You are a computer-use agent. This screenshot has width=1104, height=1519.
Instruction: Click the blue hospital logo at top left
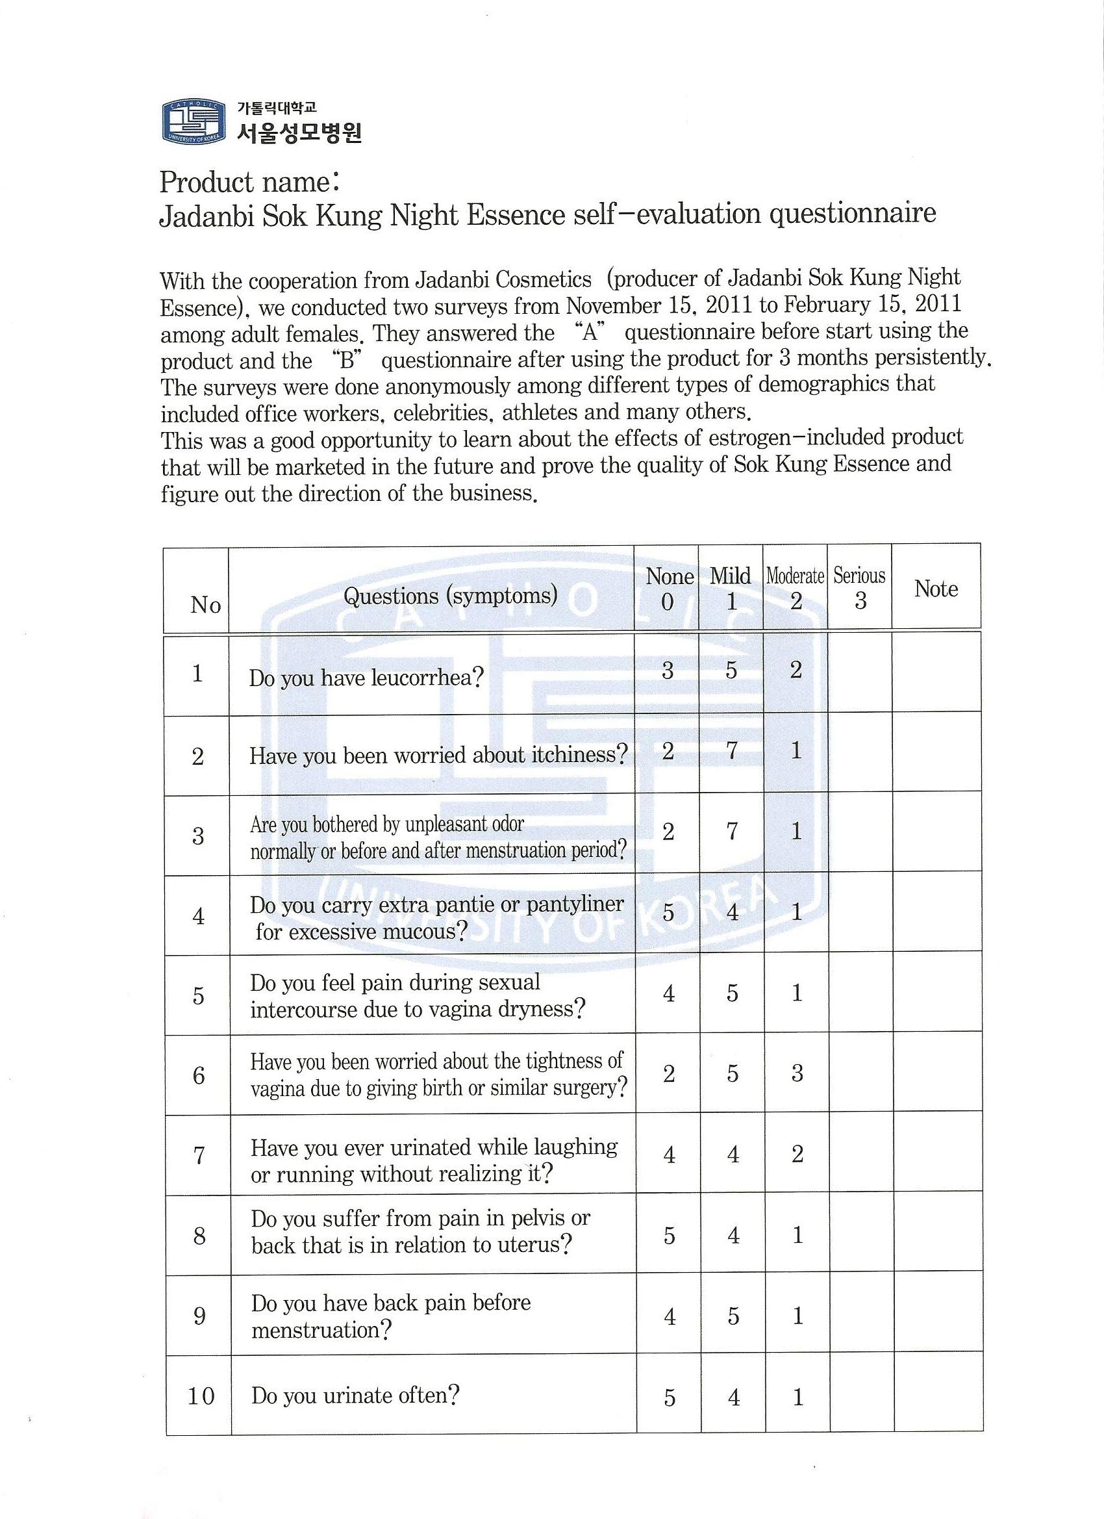click(191, 121)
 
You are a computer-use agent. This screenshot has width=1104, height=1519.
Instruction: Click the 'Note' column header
click(936, 589)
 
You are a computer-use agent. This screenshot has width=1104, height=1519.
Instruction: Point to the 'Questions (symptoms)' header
click(450, 595)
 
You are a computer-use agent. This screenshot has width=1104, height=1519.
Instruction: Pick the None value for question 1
click(668, 670)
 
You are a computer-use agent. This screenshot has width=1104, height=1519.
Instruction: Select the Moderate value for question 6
click(797, 1073)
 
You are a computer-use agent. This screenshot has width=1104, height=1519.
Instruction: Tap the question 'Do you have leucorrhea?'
click(366, 678)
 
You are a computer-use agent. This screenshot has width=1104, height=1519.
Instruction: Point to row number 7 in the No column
click(199, 1155)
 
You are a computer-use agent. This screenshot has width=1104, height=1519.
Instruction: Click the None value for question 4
click(668, 912)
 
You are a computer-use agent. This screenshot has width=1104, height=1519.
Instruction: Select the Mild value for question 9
click(733, 1316)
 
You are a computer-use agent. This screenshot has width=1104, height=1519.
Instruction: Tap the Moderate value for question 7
click(797, 1154)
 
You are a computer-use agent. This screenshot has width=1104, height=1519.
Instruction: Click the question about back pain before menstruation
click(390, 1316)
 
